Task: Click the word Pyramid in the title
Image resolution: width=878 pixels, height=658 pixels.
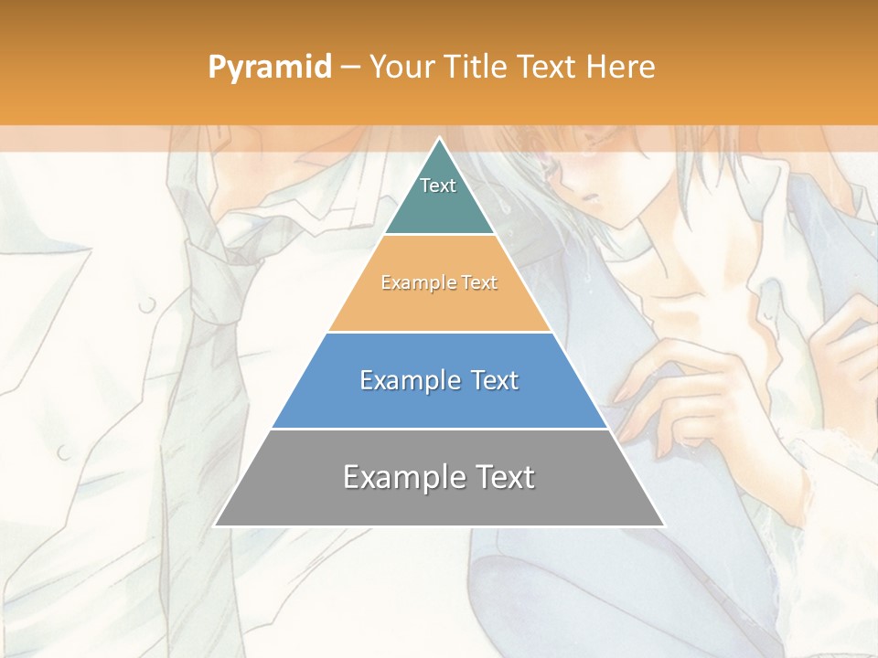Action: (269, 68)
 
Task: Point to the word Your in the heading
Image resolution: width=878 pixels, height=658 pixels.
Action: (402, 67)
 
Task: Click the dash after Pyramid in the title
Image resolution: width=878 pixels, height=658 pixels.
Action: (349, 68)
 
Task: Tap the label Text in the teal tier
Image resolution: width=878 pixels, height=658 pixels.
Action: (438, 186)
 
